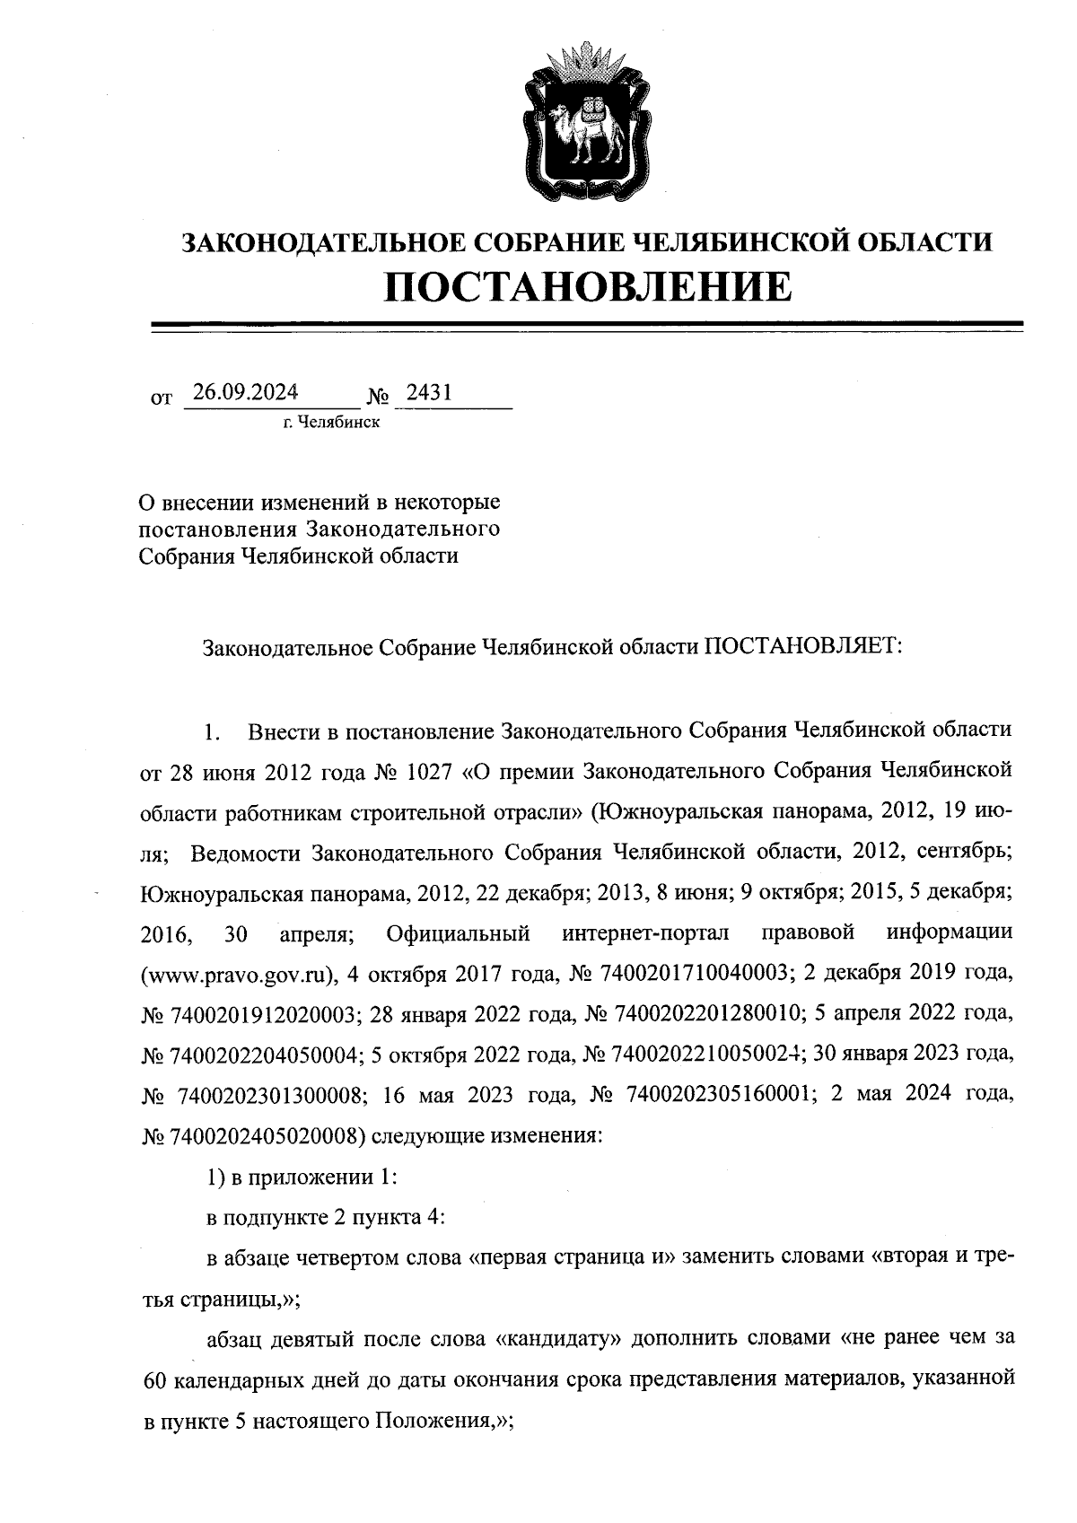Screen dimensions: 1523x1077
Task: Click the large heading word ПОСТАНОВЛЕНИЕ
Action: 589,287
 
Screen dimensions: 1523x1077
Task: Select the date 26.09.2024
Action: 245,392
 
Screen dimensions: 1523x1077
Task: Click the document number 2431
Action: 429,392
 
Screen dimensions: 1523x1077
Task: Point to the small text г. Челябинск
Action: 330,422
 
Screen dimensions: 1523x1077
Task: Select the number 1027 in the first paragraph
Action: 413,770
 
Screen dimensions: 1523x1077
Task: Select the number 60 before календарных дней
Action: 155,1379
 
